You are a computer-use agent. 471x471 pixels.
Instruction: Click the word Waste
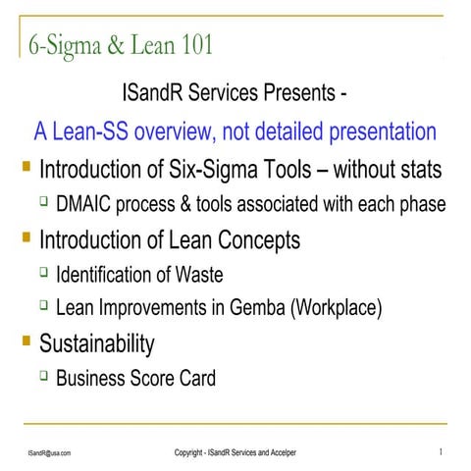221,274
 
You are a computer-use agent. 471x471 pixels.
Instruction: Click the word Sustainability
96,344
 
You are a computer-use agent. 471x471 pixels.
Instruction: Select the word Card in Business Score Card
195,379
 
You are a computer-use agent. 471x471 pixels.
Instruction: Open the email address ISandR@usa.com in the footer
48,452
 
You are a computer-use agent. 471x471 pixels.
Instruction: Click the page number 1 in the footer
441,451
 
